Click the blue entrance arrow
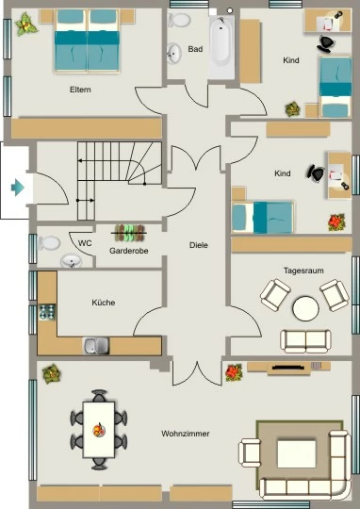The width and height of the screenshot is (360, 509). [18, 188]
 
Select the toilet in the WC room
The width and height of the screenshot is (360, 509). [49, 243]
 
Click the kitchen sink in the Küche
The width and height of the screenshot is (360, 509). [96, 346]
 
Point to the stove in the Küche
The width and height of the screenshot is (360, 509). [47, 312]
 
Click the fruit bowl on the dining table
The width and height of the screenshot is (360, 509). [99, 430]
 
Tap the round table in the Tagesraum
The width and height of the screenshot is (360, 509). [305, 308]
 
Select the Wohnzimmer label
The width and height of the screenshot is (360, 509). [186, 434]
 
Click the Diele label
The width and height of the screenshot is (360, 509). [199, 245]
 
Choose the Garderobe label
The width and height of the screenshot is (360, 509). [129, 251]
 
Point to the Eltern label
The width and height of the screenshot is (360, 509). [80, 90]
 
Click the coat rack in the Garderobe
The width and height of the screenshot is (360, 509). [129, 233]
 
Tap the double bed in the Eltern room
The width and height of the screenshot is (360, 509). [87, 41]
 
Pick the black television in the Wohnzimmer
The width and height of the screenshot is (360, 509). [289, 368]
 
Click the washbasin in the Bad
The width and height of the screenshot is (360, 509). [174, 54]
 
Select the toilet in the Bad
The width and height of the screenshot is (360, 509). [179, 20]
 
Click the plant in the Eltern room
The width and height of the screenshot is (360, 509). [26, 24]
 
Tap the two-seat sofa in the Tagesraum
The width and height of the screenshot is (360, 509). [305, 341]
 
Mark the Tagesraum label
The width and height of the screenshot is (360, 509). [303, 271]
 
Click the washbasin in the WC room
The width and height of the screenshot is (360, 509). [72, 261]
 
